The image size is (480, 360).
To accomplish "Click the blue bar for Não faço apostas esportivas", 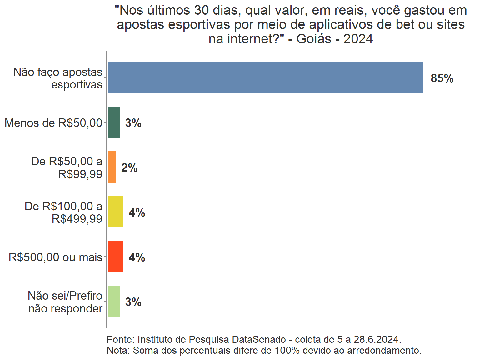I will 266,77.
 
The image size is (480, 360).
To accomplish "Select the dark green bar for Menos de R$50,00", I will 114,122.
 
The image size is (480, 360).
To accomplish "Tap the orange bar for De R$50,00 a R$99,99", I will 112,167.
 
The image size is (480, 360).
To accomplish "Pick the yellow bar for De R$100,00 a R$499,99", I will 116,212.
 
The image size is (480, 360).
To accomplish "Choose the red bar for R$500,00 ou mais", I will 116,257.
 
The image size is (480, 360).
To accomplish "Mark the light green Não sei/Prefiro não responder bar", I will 114,302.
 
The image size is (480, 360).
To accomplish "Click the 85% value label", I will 442,78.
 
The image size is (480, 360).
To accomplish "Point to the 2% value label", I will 129,168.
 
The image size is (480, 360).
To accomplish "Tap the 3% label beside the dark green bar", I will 133,123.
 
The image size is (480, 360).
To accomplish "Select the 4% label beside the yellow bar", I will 137,213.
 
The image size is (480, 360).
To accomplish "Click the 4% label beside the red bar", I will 137,257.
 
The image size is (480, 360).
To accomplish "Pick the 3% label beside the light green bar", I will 133,302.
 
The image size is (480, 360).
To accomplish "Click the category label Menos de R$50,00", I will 53,123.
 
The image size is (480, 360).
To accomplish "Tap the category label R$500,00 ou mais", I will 56,257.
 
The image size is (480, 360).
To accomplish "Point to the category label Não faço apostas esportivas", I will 58,78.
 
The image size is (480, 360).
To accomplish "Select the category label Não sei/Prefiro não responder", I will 65,302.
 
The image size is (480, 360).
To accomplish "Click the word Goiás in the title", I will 314,39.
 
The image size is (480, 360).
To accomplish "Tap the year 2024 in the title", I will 358,39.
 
